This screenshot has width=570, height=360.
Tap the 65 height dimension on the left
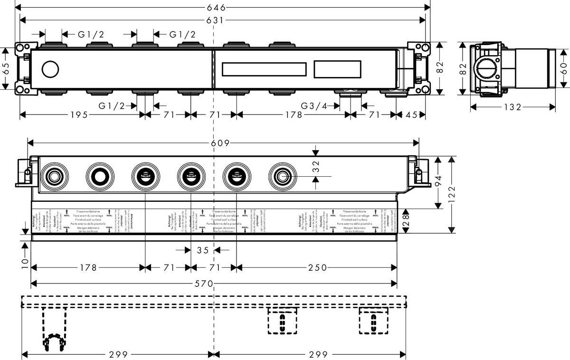6,68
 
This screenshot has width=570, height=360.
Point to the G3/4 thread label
314,106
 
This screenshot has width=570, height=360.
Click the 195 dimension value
82,114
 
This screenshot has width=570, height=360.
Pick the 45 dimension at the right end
411,114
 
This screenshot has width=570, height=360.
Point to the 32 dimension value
317,166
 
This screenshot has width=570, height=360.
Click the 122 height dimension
452,195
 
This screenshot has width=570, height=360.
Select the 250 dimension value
317,268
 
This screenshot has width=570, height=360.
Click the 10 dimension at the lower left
25,262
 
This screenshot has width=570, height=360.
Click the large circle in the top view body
49,69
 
